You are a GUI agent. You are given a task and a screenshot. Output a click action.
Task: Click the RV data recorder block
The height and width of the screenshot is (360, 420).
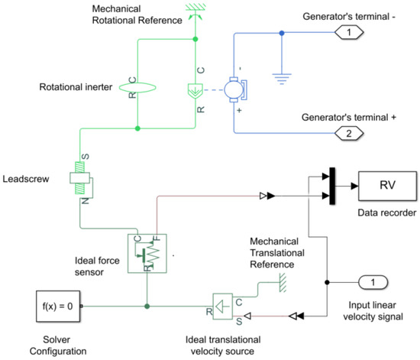click(386, 185)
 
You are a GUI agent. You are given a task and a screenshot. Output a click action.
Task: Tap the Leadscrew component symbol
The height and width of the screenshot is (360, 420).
click(81, 180)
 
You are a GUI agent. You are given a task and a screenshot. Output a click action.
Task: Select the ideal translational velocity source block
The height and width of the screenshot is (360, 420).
click(223, 307)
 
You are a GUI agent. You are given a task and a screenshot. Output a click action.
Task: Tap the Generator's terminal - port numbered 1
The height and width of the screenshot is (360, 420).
click(347, 33)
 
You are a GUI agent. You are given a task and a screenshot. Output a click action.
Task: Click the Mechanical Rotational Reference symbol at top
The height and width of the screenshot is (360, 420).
click(195, 11)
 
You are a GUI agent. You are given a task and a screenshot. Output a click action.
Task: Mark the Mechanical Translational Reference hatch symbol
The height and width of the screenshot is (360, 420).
click(281, 281)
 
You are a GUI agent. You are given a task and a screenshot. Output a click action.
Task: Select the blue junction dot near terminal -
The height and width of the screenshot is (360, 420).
click(283, 33)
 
